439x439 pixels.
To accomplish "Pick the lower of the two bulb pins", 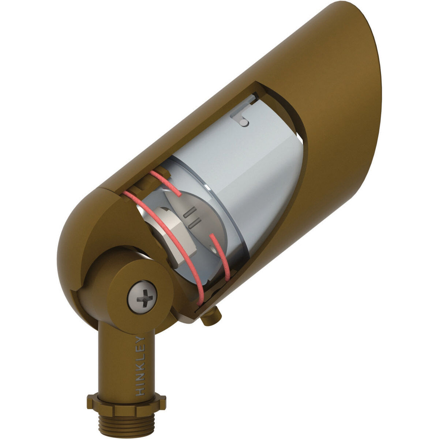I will click(x=195, y=222).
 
